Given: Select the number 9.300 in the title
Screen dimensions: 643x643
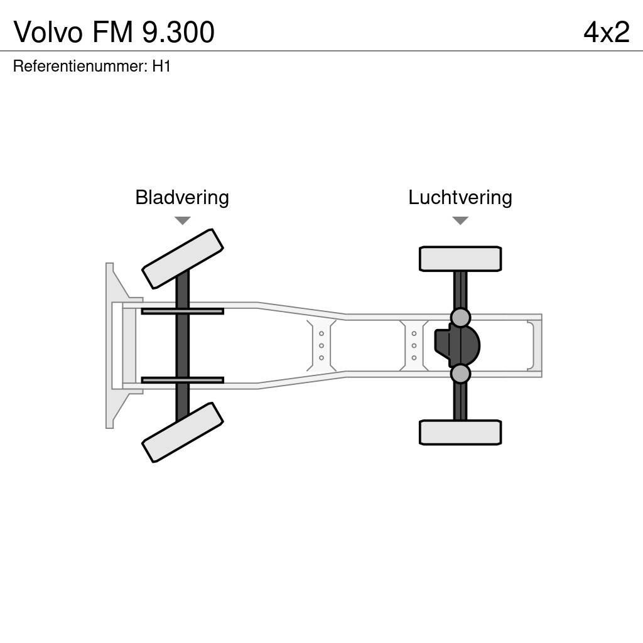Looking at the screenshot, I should tap(178, 32).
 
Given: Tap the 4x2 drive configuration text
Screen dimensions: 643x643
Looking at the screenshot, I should tap(606, 32).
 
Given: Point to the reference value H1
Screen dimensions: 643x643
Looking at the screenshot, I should tap(161, 66).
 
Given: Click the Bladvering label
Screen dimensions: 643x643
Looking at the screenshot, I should tap(182, 197).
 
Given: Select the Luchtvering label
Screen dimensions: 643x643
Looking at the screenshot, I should tap(460, 197).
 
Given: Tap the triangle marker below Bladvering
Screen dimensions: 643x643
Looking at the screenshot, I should tap(182, 220).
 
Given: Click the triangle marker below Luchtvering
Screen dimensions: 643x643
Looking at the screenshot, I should tap(460, 220).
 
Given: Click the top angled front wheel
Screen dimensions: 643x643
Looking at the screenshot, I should tap(183, 259).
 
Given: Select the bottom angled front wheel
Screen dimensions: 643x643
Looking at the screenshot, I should tap(183, 432).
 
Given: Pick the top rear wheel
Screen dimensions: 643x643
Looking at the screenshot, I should tap(460, 259).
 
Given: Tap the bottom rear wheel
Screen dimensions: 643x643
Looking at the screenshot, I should tap(460, 432).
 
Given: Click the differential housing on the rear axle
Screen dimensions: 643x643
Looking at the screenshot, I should tap(458, 345).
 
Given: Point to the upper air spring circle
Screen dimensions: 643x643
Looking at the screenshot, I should tap(460, 317).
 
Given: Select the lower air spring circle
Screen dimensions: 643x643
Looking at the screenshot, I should tap(460, 374).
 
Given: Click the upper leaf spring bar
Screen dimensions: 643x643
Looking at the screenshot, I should tap(182, 311).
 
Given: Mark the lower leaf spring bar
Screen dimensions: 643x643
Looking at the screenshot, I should tap(182, 380).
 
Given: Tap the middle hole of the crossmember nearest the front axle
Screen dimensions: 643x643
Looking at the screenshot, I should tap(321, 345).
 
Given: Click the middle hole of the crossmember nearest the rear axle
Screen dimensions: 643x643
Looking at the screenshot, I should tap(414, 345).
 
